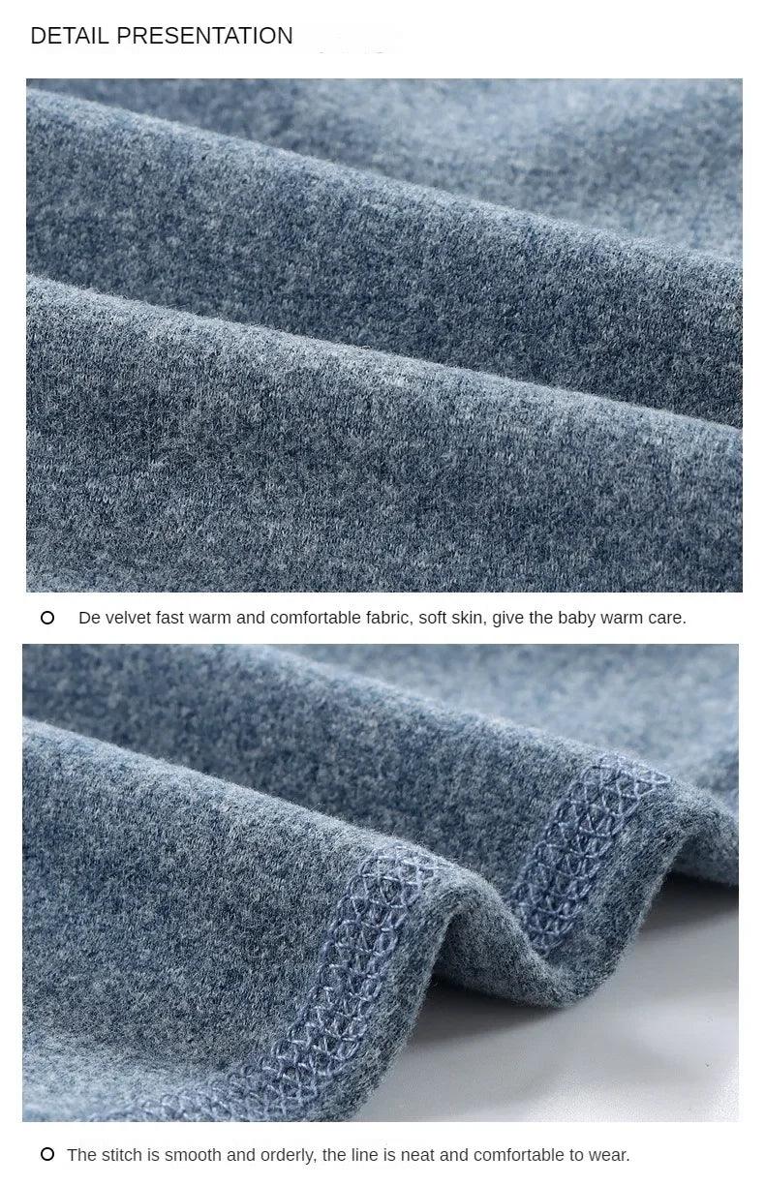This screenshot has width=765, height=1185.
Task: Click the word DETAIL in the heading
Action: [70, 36]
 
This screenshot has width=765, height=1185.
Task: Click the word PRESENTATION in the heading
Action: [204, 36]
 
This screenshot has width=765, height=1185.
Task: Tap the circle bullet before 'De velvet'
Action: [47, 618]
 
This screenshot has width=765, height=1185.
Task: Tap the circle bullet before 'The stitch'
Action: [47, 1154]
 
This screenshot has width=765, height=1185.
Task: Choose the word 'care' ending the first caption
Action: [665, 618]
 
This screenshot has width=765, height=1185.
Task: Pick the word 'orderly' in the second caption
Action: [288, 1155]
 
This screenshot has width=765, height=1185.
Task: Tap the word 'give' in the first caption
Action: [506, 619]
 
